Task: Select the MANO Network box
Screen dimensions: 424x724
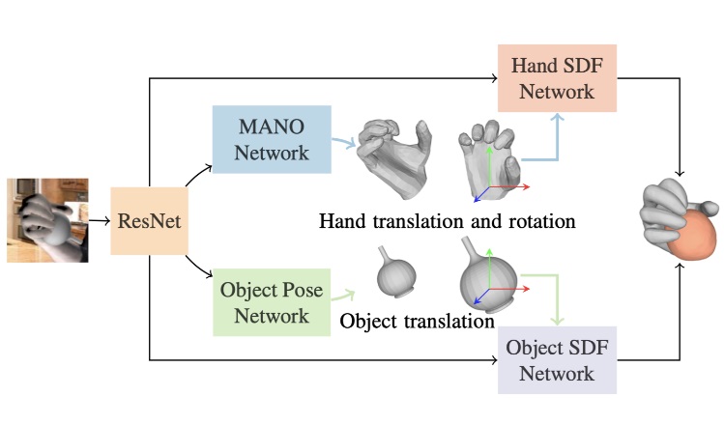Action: [271, 139]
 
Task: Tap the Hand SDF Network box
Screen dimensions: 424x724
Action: [544, 80]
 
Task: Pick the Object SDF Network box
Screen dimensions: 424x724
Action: [556, 359]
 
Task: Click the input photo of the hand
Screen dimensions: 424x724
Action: [47, 220]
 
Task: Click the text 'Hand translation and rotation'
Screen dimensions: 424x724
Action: [448, 221]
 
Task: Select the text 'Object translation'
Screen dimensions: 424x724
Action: [418, 319]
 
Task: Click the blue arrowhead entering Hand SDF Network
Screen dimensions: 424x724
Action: [559, 118]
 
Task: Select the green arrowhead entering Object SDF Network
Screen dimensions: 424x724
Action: [559, 321]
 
